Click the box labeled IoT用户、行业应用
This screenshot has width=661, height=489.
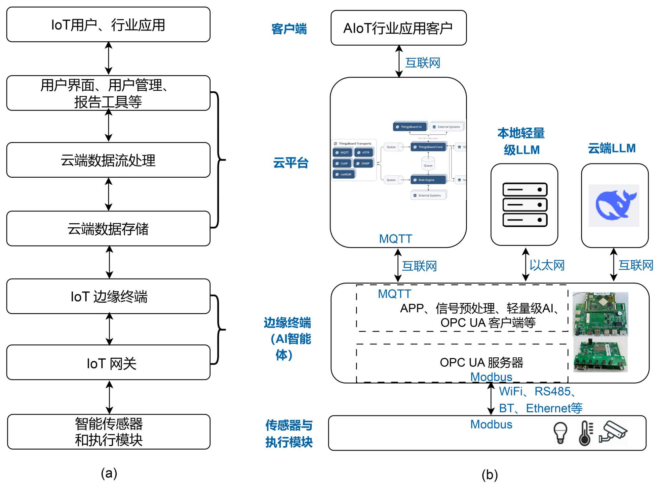[x=108, y=25]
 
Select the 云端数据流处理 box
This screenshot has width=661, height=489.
[x=108, y=160]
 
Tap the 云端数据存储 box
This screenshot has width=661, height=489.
[x=108, y=229]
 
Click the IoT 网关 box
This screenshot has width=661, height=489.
[x=108, y=363]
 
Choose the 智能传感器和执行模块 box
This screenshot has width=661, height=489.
[x=108, y=431]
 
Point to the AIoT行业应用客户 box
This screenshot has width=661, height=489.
[x=398, y=28]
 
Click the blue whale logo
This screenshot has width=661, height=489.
[x=614, y=205]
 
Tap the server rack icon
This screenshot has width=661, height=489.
[x=525, y=205]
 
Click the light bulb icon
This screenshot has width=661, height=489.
[x=560, y=432]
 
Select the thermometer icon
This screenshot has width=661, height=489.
[x=585, y=433]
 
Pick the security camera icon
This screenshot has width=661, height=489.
[x=613, y=431]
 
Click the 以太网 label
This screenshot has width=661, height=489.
[x=547, y=265]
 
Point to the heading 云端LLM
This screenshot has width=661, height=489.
[x=612, y=148]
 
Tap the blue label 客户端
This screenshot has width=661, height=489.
[x=289, y=29]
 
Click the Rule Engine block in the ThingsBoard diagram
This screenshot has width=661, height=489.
[x=428, y=180]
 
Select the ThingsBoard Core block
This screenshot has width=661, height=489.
[x=428, y=147]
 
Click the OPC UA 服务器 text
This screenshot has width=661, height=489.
[x=481, y=363]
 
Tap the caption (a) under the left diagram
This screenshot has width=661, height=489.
[x=109, y=473]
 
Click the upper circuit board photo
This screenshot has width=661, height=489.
[x=600, y=314]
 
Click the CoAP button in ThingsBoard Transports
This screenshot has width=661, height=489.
[x=342, y=163]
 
